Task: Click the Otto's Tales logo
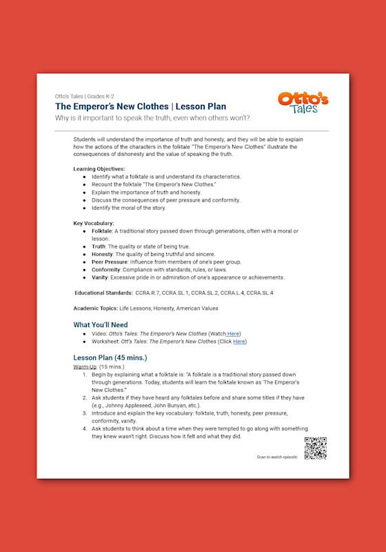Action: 303,103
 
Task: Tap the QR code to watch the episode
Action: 315,448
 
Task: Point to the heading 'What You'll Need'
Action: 101,324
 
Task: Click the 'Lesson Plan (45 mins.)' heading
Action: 110,357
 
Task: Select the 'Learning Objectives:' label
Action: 99,169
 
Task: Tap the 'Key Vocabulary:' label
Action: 94,223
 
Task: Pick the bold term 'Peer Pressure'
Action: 110,262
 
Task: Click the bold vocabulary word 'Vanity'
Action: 100,277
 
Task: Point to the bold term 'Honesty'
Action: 103,255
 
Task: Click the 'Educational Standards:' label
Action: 103,293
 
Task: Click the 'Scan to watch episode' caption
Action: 277,457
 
